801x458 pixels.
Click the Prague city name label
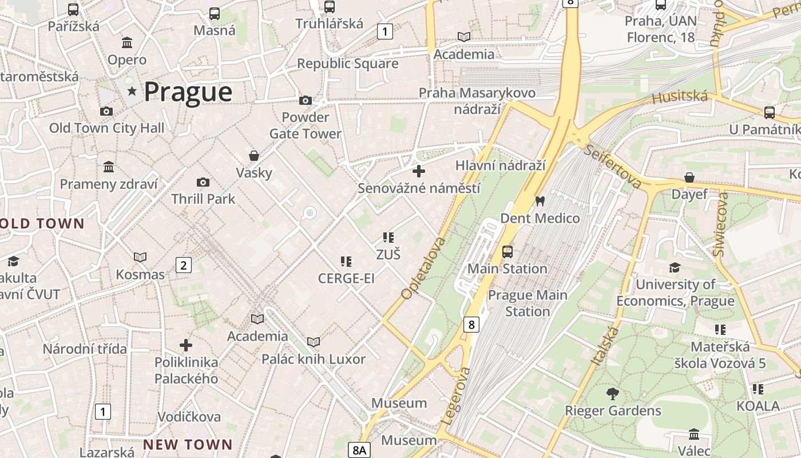[x=188, y=92]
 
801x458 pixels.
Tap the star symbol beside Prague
[x=133, y=90]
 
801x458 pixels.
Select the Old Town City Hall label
[x=106, y=128]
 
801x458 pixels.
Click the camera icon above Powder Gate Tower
[x=306, y=101]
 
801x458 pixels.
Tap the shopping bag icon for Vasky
[x=254, y=156]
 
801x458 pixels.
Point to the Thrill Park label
[x=203, y=199]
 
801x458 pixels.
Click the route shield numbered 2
[x=183, y=265]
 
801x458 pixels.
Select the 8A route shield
[x=359, y=450]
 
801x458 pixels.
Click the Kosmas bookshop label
[x=140, y=274]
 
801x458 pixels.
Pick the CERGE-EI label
[x=346, y=278]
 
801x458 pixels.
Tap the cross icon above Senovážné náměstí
[x=419, y=171]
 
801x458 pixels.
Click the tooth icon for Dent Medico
[x=540, y=202]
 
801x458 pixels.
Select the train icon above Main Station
[x=507, y=252]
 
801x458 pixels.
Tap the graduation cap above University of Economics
[x=675, y=268]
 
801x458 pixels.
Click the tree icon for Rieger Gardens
[x=613, y=394]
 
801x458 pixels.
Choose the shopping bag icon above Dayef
[x=689, y=177]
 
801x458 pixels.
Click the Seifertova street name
[x=613, y=166]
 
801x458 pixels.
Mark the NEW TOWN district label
[x=188, y=444]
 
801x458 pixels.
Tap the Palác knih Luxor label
[x=313, y=359]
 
